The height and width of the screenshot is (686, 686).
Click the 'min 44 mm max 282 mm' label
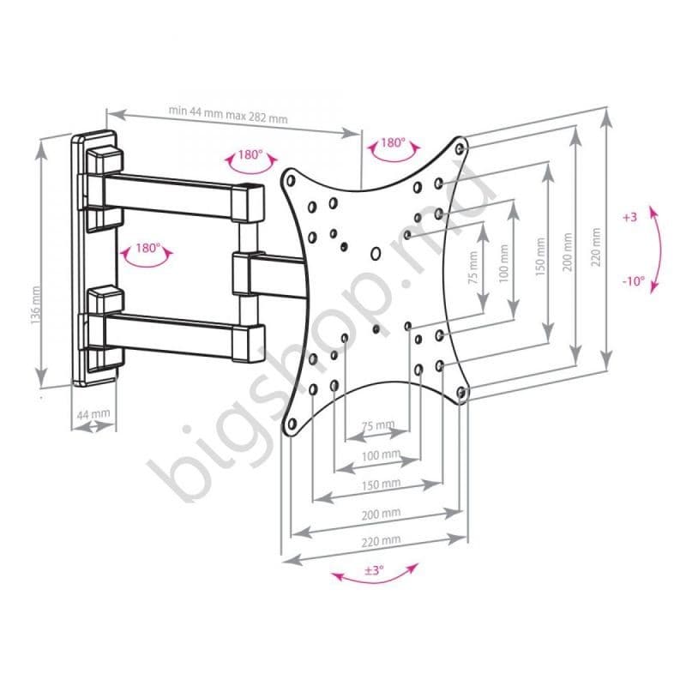tap(228, 112)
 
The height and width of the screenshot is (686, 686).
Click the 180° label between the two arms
tap(147, 248)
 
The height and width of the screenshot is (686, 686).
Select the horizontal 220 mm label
tap(380, 540)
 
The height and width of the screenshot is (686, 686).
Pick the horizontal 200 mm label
tap(380, 513)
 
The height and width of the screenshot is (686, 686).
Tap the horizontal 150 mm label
tap(380, 484)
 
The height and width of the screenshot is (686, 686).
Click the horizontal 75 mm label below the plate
tap(377, 424)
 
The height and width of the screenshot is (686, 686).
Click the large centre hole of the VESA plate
tap(376, 254)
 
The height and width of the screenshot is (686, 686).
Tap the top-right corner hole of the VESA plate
tap(462, 147)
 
